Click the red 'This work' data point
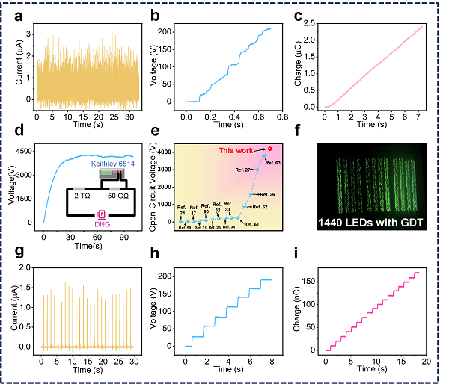(269, 149)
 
